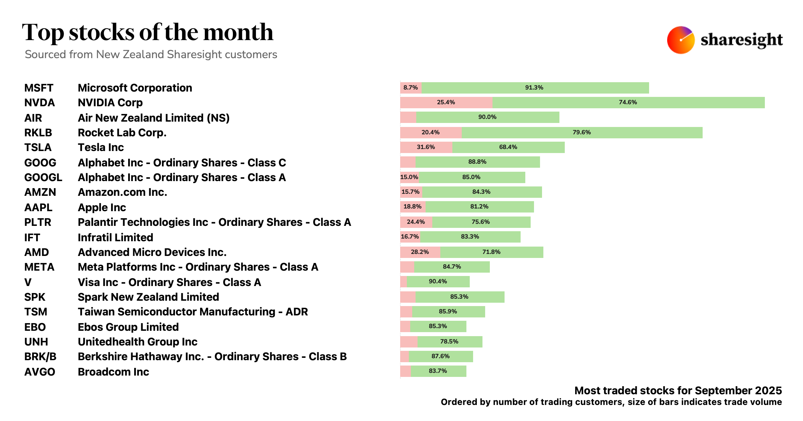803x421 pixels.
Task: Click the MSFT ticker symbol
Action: tap(39, 88)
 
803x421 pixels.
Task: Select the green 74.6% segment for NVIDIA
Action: tap(628, 103)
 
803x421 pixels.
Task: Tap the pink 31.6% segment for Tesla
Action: tap(426, 147)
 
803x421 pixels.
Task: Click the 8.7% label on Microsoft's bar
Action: tap(411, 88)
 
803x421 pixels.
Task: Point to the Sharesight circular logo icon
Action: tap(681, 40)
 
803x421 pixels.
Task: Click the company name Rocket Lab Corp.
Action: tap(122, 133)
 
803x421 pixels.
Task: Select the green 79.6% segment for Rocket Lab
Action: tap(582, 133)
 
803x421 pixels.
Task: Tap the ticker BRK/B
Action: tap(40, 357)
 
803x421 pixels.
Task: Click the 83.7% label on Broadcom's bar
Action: tap(438, 371)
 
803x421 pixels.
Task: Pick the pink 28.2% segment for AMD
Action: tap(420, 252)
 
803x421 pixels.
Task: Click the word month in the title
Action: tap(238, 33)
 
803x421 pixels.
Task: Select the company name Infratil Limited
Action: tap(115, 238)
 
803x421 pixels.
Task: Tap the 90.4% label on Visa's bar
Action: tap(438, 282)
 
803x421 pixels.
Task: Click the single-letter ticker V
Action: tap(28, 282)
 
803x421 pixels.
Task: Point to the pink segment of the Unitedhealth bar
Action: tap(409, 342)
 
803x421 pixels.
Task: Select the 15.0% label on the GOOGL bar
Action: tap(409, 177)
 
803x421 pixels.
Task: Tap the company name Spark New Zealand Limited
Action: tap(148, 297)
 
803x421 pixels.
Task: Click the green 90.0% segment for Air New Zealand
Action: tap(487, 117)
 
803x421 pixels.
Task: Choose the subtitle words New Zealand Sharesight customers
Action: tap(187, 54)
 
